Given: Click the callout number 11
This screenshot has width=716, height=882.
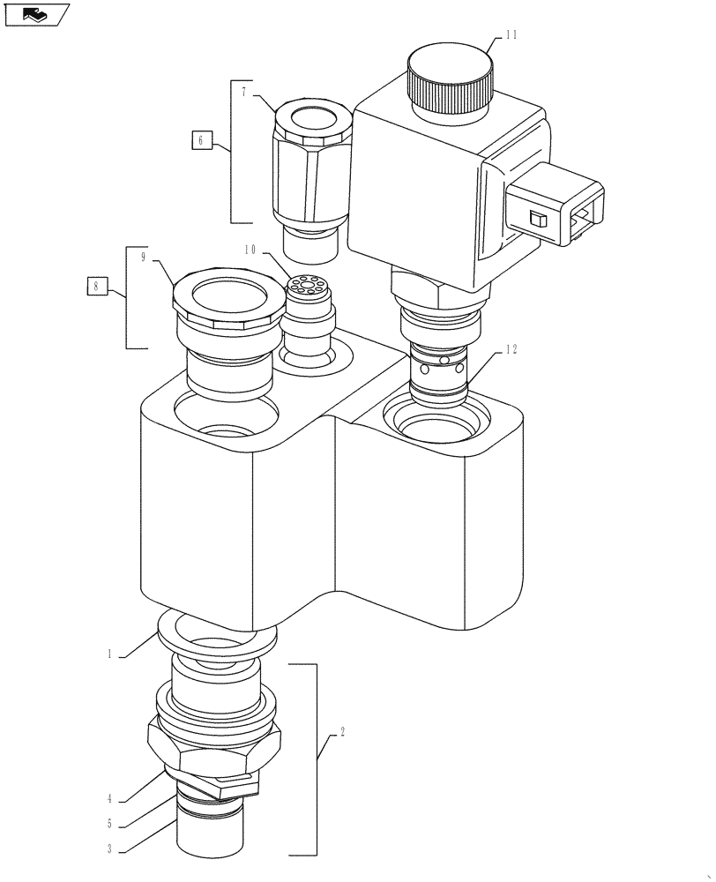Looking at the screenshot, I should (511, 35).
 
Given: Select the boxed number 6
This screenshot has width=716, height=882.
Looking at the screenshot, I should (201, 139).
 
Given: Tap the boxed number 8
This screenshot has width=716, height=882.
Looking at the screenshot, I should (97, 285).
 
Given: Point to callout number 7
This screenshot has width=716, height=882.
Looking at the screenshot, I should (243, 92).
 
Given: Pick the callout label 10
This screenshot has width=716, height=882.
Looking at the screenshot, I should (250, 250).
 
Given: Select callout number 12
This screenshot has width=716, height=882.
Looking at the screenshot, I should (511, 350).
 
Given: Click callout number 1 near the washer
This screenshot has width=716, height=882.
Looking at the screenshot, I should (110, 654).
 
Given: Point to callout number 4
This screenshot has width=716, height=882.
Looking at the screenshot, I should (110, 799).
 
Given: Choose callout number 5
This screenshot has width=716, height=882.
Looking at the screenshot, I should (110, 825).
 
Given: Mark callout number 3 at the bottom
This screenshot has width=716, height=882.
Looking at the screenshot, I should (110, 849).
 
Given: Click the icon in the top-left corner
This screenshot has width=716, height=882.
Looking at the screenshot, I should (34, 14).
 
